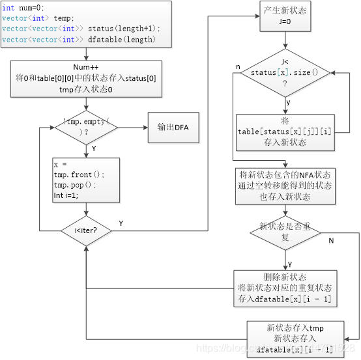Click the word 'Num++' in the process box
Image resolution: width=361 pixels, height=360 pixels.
(85, 67)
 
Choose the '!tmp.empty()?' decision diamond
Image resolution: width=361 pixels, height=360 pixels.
(87, 127)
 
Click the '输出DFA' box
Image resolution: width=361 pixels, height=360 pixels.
(172, 127)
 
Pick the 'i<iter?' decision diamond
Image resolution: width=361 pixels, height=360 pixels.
(86, 230)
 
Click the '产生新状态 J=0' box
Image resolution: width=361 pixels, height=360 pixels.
(285, 16)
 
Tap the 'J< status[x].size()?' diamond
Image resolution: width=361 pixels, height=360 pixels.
(285, 73)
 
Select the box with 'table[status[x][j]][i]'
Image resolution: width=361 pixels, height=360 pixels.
(285, 132)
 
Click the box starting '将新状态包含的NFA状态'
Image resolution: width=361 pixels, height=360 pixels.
(285, 185)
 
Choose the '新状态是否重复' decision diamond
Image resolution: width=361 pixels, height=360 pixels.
(285, 232)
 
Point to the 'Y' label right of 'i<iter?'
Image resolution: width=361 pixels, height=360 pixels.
(121, 223)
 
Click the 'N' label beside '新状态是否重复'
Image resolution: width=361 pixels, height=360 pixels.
(331, 241)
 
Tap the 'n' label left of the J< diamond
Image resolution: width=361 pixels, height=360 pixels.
(238, 67)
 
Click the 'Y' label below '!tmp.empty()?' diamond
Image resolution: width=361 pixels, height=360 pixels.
(94, 148)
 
